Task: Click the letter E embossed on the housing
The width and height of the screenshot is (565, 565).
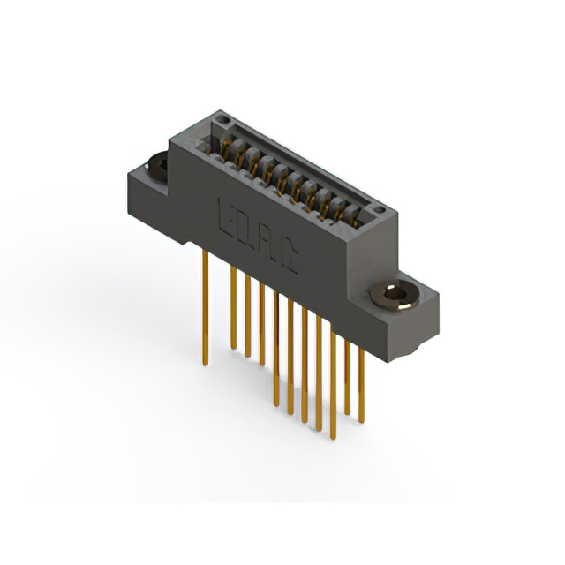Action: click(x=223, y=214)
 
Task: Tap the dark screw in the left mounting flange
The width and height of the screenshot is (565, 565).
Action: click(x=158, y=165)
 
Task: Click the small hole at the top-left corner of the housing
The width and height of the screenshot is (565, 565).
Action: click(x=221, y=120)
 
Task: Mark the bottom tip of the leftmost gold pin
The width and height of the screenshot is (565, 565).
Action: click(x=206, y=363)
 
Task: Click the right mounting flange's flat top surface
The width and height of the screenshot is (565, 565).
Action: click(x=415, y=282)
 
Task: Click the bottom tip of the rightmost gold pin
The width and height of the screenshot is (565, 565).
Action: click(x=361, y=420)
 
